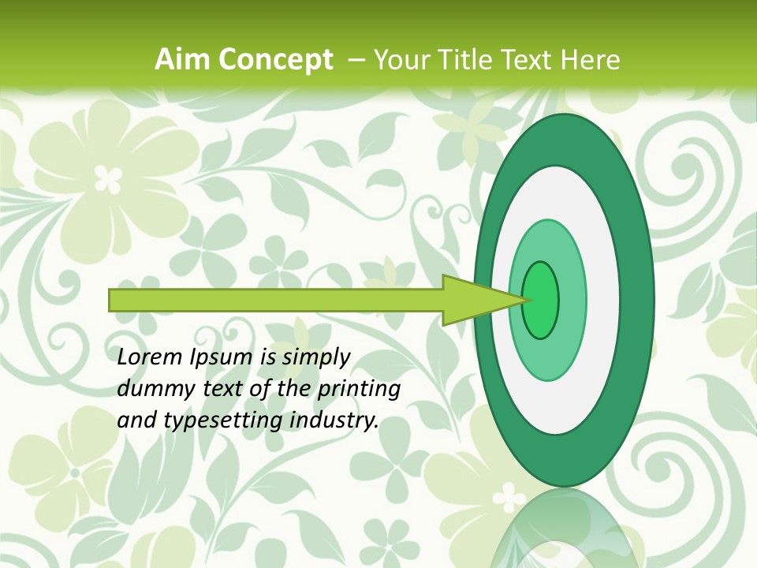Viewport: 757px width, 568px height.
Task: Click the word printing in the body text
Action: (359, 389)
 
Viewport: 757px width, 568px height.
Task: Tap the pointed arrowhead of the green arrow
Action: (505, 300)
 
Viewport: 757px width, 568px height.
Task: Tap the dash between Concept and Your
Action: (355, 60)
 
